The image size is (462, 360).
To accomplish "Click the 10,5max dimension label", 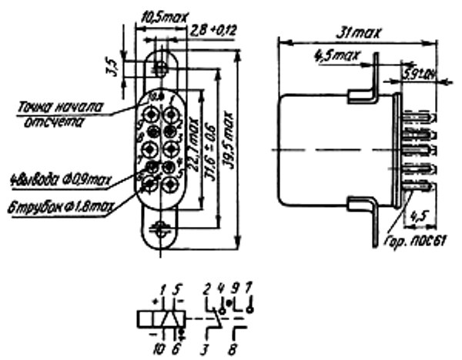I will [x=156, y=15].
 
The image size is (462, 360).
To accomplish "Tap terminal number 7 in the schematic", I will [x=249, y=287].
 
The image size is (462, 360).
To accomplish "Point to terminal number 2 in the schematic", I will [x=209, y=287].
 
